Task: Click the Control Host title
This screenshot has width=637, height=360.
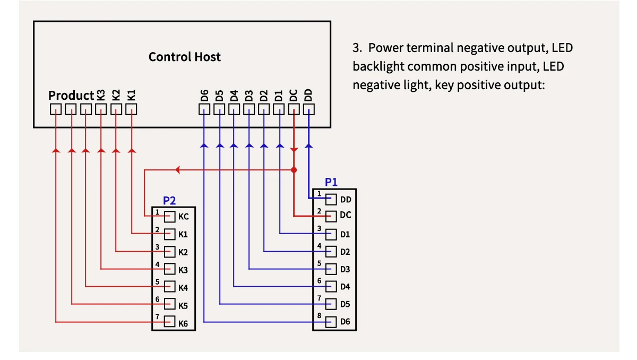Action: (184, 57)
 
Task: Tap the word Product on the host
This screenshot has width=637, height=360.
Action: (71, 96)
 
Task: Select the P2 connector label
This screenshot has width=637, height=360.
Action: (169, 200)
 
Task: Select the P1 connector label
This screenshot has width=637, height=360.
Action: (331, 182)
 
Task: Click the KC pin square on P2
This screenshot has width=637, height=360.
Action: (170, 217)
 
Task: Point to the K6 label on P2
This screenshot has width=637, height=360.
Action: (183, 323)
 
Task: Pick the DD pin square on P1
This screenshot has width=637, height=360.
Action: (332, 199)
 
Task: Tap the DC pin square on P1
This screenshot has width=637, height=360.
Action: (332, 216)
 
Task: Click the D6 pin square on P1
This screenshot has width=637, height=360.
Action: (332, 322)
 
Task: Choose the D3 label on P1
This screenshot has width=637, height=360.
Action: (345, 269)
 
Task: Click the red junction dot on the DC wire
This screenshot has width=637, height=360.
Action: (294, 170)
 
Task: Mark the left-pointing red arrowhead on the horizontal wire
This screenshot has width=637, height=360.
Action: (178, 170)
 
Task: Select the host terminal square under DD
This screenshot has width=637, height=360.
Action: (309, 109)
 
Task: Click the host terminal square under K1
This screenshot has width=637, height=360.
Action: (131, 109)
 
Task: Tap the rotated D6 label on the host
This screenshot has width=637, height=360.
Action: (204, 96)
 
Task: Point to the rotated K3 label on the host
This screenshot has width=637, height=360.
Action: (101, 96)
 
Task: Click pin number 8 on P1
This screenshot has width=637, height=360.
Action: (319, 315)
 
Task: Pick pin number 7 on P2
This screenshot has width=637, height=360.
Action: (158, 316)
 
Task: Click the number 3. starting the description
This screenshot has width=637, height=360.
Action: (357, 48)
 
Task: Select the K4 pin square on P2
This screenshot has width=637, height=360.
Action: (170, 287)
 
